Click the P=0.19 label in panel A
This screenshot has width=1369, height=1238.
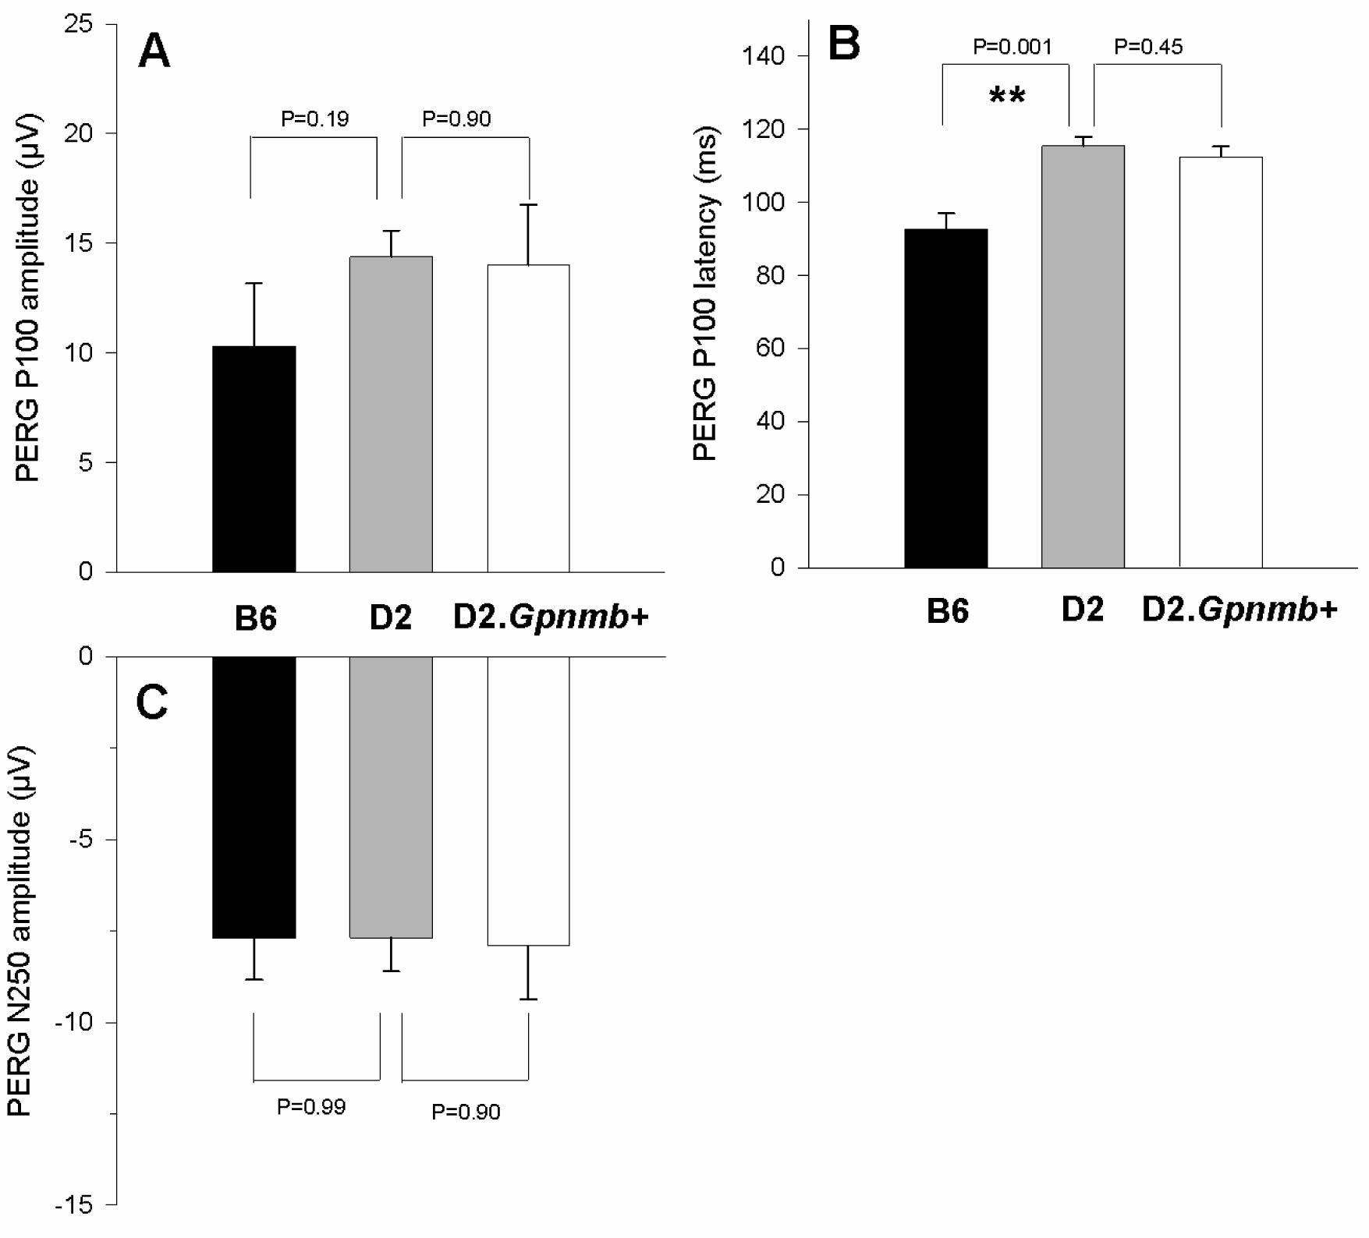314,119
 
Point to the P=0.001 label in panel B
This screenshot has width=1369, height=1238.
1012,48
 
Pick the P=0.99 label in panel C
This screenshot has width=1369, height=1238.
310,1106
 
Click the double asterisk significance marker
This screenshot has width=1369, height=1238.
1006,97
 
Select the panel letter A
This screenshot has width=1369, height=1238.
154,52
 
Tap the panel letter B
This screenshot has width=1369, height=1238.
843,43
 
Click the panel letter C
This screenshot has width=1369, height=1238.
151,702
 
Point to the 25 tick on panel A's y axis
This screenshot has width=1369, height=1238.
78,24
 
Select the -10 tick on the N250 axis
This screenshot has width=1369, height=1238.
74,1022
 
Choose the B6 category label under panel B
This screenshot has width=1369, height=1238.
947,611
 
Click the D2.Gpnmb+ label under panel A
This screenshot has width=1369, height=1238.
550,617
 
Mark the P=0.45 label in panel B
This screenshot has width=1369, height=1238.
1147,48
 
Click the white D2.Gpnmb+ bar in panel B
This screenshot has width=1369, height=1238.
1220,363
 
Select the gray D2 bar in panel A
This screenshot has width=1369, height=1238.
391,414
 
